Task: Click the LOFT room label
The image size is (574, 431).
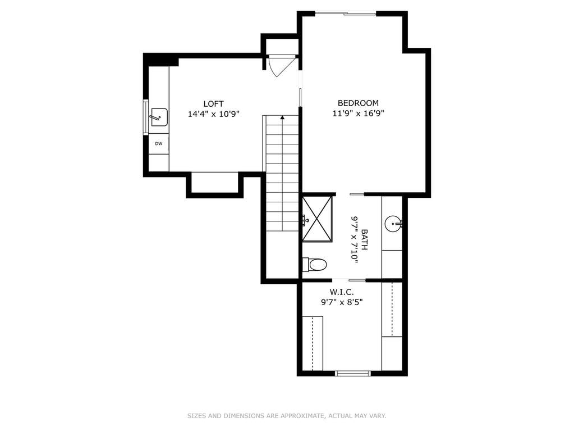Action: tap(213, 104)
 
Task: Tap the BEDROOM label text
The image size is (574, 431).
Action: tap(358, 103)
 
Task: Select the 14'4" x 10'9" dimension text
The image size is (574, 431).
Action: tap(213, 114)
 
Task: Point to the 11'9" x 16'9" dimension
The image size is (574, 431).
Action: tap(358, 114)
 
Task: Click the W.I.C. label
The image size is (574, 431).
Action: tap(342, 292)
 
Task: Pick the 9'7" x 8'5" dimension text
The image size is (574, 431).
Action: tap(342, 302)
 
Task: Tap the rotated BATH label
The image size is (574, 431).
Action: tap(364, 240)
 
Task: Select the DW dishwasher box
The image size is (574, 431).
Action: tap(158, 144)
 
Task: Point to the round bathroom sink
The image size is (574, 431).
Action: tap(393, 224)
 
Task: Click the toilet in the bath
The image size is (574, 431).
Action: tap(314, 265)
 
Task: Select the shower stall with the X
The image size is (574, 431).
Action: tap(318, 219)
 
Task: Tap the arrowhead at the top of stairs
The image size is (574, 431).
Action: tap(282, 117)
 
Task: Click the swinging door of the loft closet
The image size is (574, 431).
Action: tap(282, 66)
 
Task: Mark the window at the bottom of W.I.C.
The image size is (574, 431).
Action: tap(353, 374)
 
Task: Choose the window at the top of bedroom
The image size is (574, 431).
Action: tap(346, 14)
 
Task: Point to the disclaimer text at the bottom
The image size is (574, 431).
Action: tap(287, 416)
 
